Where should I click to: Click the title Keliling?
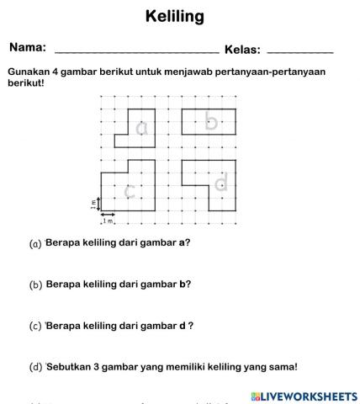point(175,17)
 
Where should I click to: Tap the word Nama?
point(28,48)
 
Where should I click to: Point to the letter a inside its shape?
point(141,127)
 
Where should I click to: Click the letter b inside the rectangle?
point(211,123)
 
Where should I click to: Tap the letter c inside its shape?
point(129,191)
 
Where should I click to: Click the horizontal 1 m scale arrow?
point(108,215)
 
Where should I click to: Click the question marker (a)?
point(35,244)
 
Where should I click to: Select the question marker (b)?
point(35,285)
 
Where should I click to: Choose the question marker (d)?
point(35,367)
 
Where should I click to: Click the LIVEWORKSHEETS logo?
point(304,395)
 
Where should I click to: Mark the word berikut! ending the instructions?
point(25,83)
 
